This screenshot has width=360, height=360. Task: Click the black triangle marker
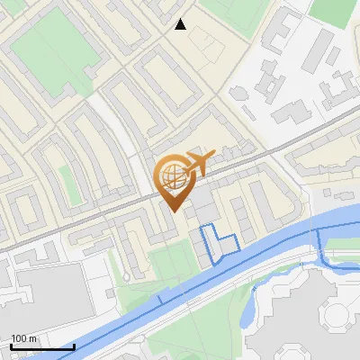(181, 24)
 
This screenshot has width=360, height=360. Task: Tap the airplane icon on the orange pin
(196, 163)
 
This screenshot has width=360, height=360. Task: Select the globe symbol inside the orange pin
(171, 175)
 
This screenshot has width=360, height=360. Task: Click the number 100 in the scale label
(20, 338)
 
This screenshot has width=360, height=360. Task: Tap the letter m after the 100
(32, 338)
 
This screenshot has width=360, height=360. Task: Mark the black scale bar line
(42, 346)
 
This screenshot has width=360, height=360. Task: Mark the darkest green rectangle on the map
(333, 11)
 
